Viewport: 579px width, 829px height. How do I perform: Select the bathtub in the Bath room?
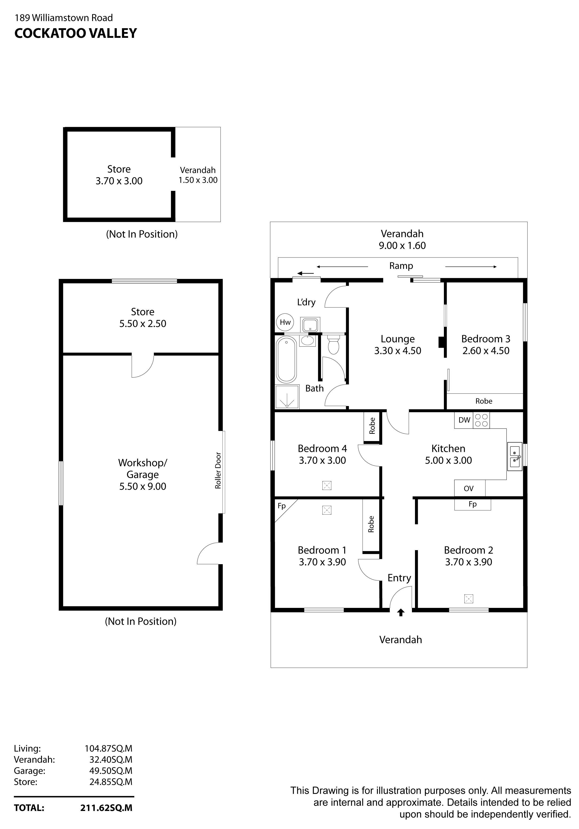coord(286,360)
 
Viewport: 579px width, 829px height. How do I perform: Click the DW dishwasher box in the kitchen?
coord(464,420)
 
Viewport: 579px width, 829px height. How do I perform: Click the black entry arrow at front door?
coord(401,612)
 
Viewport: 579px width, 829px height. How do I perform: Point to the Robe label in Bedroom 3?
coord(483,401)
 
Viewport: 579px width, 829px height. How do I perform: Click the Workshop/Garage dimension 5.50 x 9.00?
coord(143,486)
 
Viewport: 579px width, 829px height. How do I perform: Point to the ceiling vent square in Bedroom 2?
coord(468,599)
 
